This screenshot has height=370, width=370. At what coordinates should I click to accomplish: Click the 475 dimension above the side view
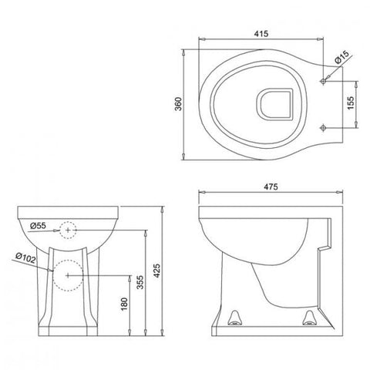pos(269,187)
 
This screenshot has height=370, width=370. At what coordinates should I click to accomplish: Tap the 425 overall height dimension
pos(159,270)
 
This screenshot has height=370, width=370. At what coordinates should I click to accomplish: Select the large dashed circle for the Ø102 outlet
pos(68,274)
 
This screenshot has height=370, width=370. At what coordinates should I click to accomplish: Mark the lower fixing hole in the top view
pos(324,128)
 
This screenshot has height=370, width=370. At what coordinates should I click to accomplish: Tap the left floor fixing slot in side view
pos(236,315)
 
